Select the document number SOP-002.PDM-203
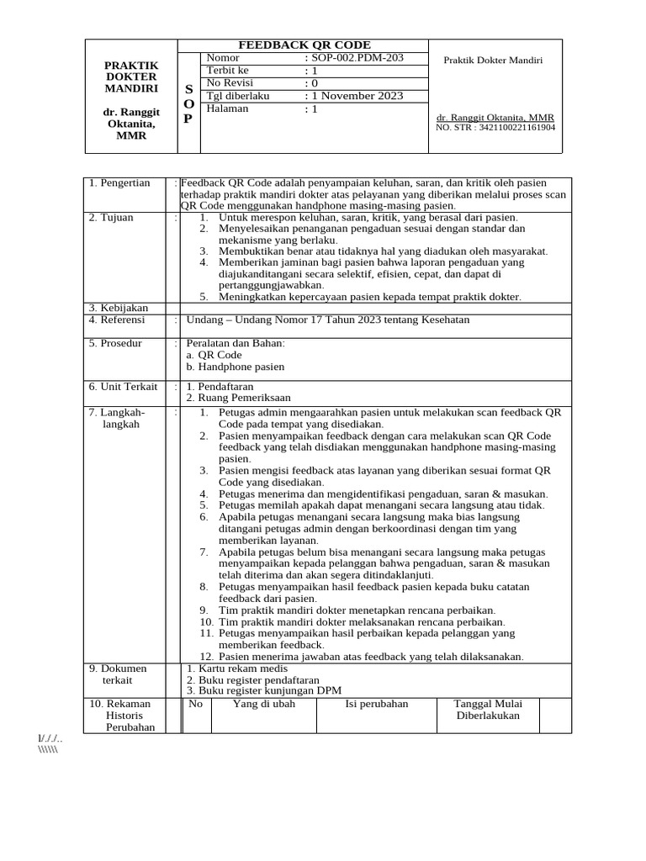point(354,58)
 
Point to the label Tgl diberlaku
point(237,96)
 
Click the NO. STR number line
point(495,128)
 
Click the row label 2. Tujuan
point(113,218)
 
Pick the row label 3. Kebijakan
point(119,309)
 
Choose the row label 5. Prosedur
point(116,343)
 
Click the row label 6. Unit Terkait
point(123,387)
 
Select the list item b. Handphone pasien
point(236,367)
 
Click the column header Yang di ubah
point(264,704)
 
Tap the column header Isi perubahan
point(376,704)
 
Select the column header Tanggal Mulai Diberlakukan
point(488,710)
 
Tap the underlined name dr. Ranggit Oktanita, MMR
point(495,118)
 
